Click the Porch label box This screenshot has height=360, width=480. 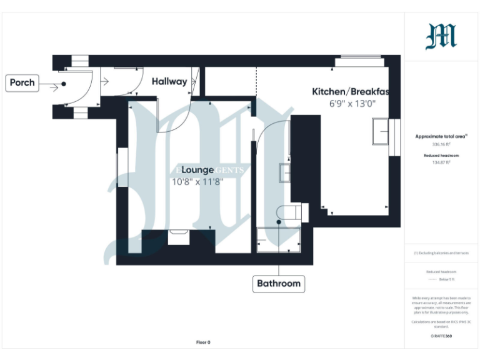point(22,83)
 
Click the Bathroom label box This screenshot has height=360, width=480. point(279,283)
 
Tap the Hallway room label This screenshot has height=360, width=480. point(169,81)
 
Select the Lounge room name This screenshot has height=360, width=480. point(198,170)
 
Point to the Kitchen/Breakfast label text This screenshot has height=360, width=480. point(350,92)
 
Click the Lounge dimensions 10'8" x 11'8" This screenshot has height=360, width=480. point(197,182)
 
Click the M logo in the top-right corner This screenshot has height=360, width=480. point(441,36)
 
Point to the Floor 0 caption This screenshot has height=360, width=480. point(203,342)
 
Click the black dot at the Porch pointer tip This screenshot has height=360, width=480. point(64,84)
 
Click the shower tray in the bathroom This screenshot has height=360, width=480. point(279,241)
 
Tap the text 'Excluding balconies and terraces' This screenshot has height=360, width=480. point(442,253)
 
